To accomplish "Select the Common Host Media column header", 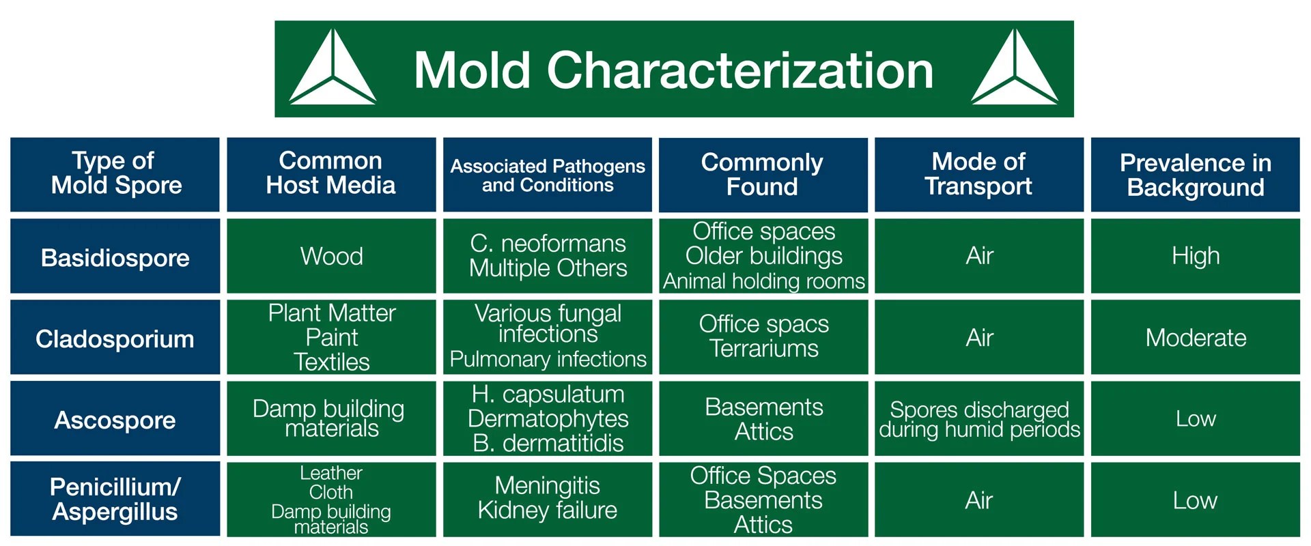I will point(331,173).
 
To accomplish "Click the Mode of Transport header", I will point(978,174).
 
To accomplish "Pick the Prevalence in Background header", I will point(1195,175).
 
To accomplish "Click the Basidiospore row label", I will point(115,257).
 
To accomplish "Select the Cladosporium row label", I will point(115,339).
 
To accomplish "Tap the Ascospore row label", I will point(115,420).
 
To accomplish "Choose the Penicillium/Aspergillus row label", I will point(115,499).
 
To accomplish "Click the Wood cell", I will point(331,257).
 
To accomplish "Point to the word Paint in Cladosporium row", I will point(332,337).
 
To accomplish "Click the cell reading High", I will point(1195,256).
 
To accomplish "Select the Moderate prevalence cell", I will point(1196,338).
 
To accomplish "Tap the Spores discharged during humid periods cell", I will point(979,419).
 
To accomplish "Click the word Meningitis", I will point(547,485).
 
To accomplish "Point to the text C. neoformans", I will point(548,244).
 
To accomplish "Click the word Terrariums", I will point(763,349).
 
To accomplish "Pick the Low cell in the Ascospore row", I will point(1196,418).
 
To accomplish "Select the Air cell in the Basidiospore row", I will point(979,256).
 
